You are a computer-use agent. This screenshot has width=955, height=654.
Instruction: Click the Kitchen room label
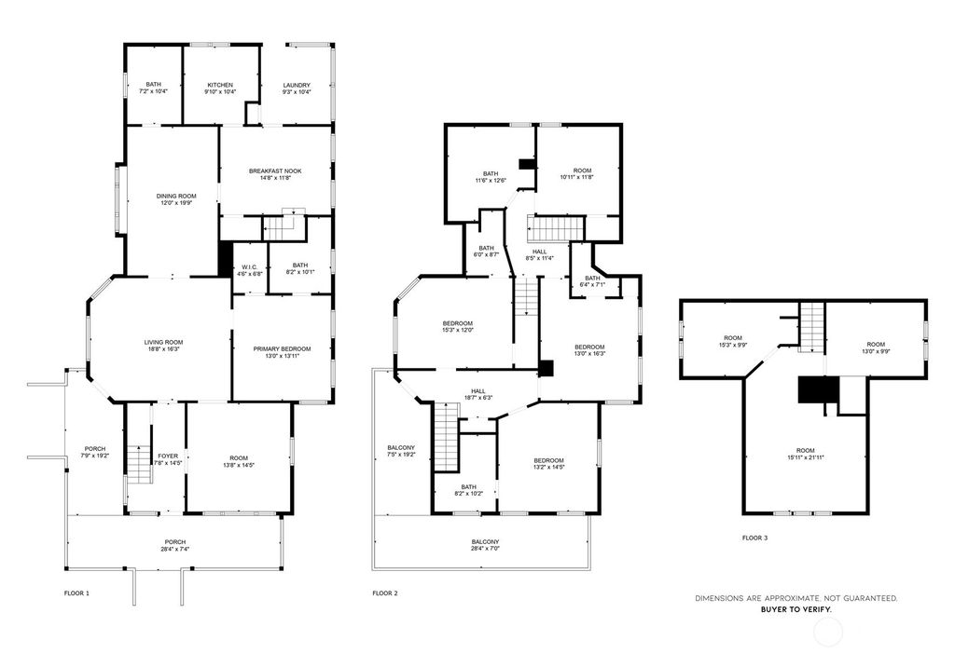220,89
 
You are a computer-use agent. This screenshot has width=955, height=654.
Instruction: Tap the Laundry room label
297,89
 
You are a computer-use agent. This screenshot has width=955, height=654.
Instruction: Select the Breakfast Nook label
275,174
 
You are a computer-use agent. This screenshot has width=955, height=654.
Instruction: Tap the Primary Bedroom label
282,352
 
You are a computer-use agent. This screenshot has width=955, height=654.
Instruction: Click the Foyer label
167,459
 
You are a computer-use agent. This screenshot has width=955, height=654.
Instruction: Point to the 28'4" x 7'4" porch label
174,545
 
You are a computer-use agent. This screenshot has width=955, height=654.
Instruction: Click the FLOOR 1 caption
76,593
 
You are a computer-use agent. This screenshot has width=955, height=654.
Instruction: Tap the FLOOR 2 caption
385,593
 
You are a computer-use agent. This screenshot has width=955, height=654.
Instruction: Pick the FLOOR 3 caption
754,538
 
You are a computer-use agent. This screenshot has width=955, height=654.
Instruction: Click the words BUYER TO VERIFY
796,608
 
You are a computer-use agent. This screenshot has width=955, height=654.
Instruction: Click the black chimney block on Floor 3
812,389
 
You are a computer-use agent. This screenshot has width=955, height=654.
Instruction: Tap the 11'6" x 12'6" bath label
491,177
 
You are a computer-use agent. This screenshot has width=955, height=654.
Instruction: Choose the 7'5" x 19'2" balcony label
403,452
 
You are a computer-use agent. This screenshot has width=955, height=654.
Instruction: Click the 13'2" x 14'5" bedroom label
548,464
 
